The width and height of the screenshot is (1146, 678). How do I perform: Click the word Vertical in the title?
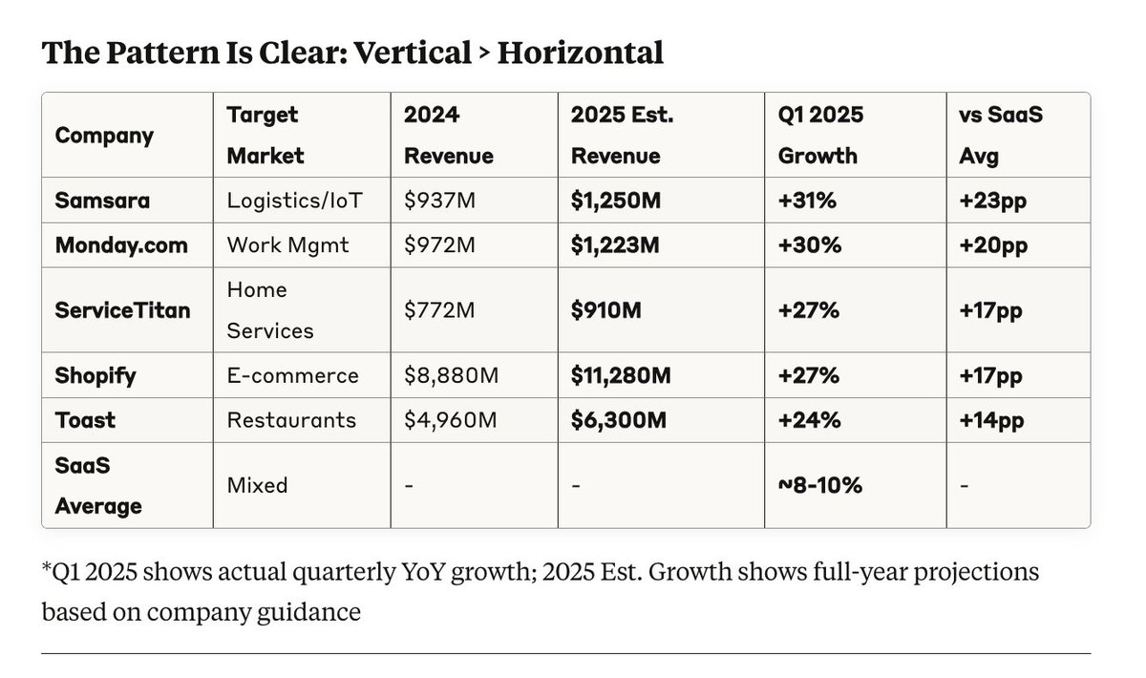click(x=412, y=53)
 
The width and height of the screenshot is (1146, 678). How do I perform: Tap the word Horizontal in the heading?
click(x=580, y=53)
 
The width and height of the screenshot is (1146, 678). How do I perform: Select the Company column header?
click(x=104, y=136)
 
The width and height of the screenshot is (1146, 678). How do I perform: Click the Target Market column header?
click(x=265, y=135)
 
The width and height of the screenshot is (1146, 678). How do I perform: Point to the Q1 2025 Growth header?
click(x=820, y=135)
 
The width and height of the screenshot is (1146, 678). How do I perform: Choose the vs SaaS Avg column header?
click(x=1000, y=135)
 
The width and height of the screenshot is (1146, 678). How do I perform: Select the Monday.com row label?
click(x=120, y=245)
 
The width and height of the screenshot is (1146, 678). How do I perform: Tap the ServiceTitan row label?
click(x=122, y=310)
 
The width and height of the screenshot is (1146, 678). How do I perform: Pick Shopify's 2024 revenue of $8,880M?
click(x=452, y=375)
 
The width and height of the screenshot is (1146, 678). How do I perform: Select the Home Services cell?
click(x=270, y=310)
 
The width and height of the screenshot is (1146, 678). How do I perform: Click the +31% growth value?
click(x=809, y=201)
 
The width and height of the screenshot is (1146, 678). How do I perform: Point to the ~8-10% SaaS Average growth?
click(x=820, y=485)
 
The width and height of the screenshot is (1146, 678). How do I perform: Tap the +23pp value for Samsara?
click(x=992, y=201)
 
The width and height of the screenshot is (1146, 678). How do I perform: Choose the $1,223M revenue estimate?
click(x=615, y=245)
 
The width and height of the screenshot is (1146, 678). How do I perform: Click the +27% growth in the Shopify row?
click(x=809, y=375)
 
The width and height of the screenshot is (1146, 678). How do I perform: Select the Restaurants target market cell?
click(x=291, y=420)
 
